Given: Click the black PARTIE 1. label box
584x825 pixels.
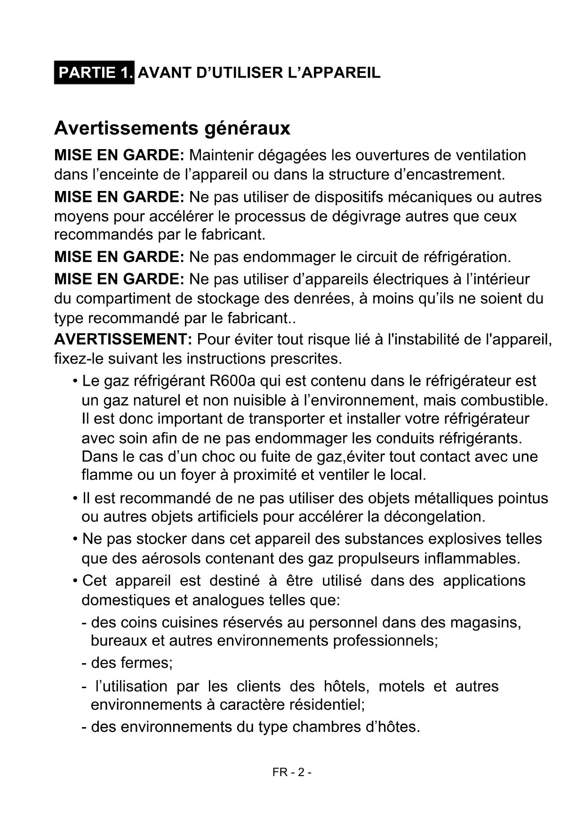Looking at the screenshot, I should click(94, 72).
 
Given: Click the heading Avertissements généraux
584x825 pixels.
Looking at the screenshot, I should click(172, 128).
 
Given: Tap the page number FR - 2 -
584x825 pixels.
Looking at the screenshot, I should click(292, 772).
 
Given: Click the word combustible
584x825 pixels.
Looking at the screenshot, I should click(504, 400).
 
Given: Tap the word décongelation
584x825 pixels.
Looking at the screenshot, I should click(434, 516).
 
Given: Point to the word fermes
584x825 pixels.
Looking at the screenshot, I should click(146, 663).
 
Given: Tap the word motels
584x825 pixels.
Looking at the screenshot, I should click(401, 686).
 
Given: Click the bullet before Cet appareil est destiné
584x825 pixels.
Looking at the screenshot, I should click(75, 581).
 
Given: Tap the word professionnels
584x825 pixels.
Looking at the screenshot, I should click(385, 641).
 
